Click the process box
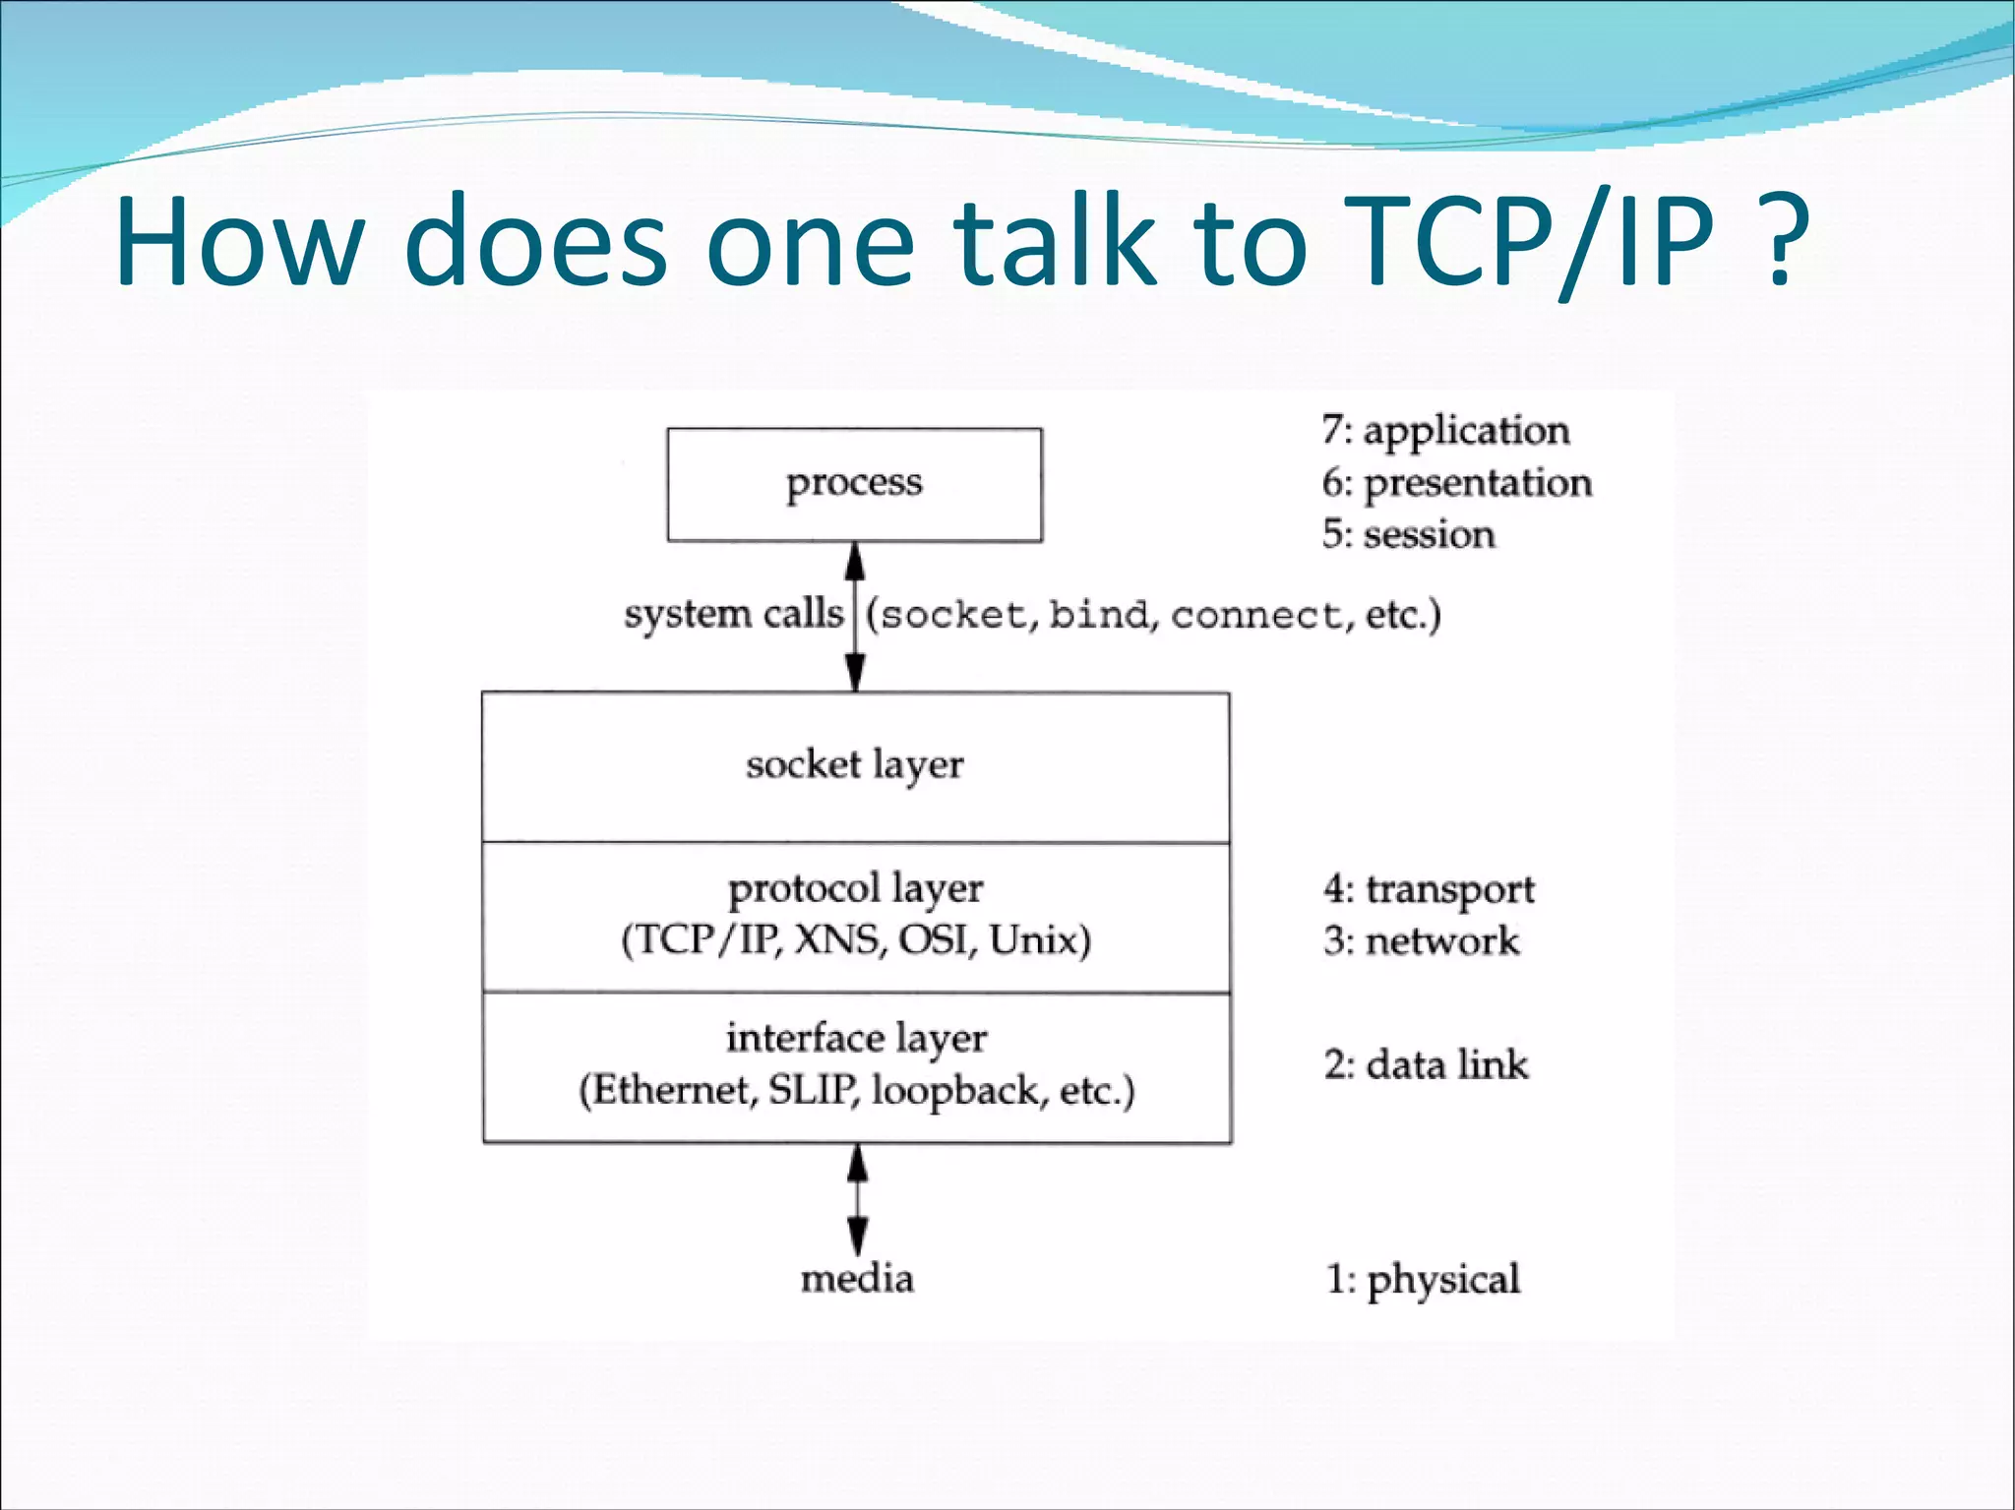[854, 484]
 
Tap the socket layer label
[854, 765]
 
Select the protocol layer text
[855, 888]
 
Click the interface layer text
[856, 1039]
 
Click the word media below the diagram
[857, 1279]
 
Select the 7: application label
[1445, 431]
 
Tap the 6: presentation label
[1456, 483]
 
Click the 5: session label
[1408, 534]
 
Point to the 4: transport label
[1429, 889]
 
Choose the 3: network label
[1421, 941]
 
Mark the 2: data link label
[1426, 1064]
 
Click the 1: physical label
[1423, 1279]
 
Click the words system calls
[733, 614]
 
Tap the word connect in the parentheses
[1255, 616]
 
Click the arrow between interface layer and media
[858, 1200]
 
